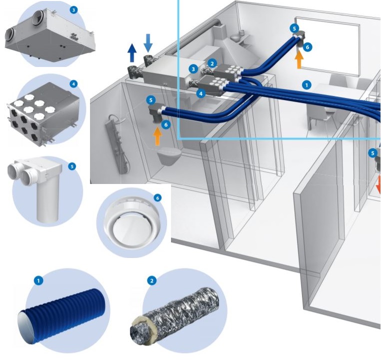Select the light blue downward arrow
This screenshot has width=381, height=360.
(148, 43)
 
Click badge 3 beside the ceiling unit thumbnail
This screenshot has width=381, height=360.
(73, 10)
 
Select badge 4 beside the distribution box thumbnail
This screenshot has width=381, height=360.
(73, 84)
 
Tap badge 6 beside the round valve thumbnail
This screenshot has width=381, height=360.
(157, 198)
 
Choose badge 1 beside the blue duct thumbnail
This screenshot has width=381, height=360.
(38, 281)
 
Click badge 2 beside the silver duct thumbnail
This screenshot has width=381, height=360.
(152, 281)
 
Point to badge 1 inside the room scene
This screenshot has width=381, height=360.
(306, 85)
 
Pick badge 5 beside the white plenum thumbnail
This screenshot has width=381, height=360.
(72, 166)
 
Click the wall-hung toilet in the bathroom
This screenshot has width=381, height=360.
(169, 156)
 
